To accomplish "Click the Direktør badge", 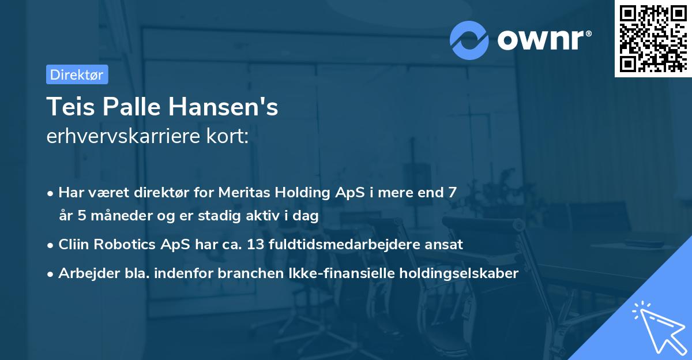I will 77,74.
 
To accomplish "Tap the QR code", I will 653,38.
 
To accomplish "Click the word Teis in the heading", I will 68,107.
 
